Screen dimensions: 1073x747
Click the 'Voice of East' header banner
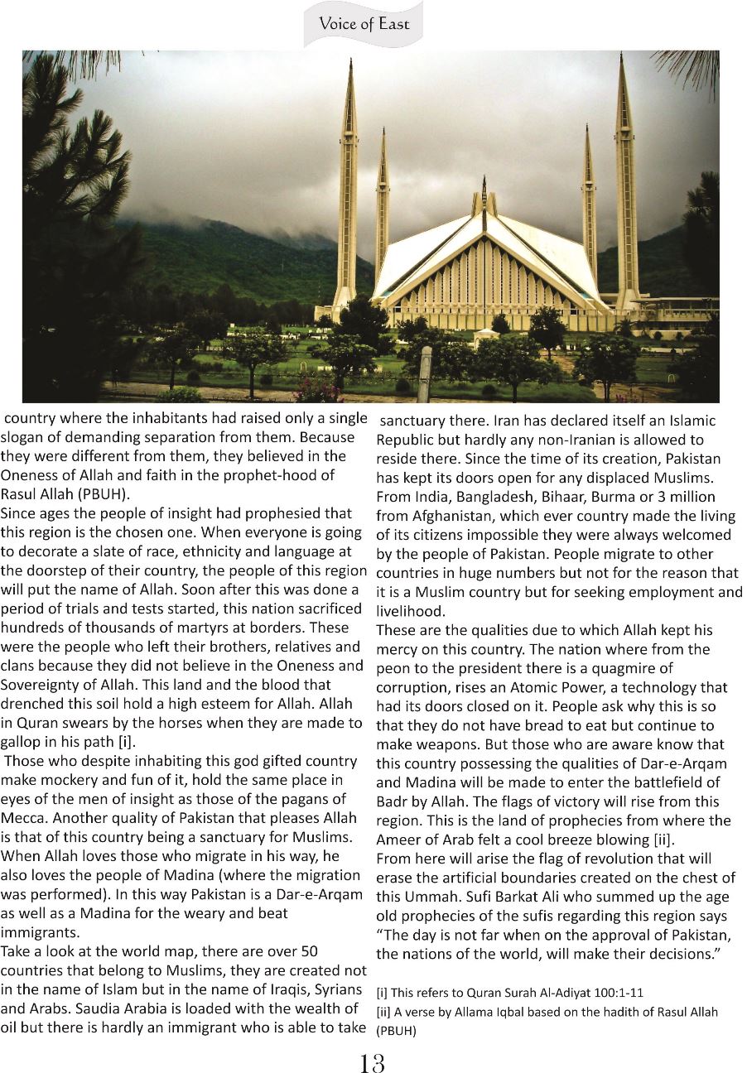(364, 23)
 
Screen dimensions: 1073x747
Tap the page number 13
(372, 1062)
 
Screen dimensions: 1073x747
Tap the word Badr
(391, 801)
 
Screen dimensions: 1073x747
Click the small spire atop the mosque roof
(484, 192)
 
